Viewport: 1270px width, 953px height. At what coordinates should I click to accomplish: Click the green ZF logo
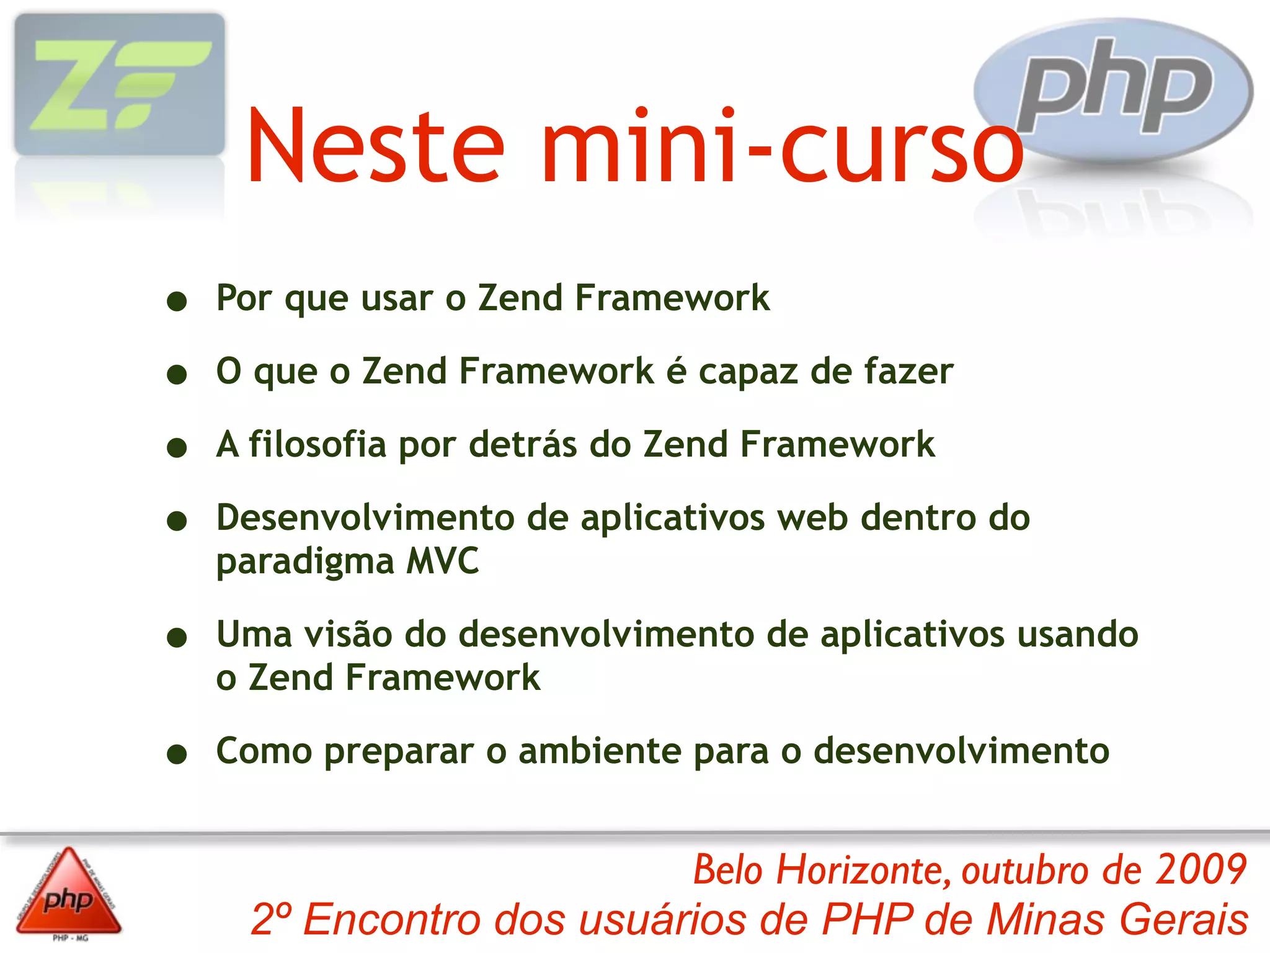119,85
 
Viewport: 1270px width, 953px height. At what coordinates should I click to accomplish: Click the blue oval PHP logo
1113,91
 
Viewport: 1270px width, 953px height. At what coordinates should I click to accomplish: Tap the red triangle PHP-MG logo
68,893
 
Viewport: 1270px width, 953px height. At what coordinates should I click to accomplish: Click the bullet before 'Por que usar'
177,302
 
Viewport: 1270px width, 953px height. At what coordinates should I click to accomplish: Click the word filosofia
317,445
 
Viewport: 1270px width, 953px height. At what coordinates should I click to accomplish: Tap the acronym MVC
443,561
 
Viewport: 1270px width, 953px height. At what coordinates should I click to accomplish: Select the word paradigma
305,562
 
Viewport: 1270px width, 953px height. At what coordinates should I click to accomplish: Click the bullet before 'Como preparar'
177,754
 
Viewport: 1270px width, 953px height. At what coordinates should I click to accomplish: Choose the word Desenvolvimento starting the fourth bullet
365,517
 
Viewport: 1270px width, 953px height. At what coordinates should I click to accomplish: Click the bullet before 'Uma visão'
177,638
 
